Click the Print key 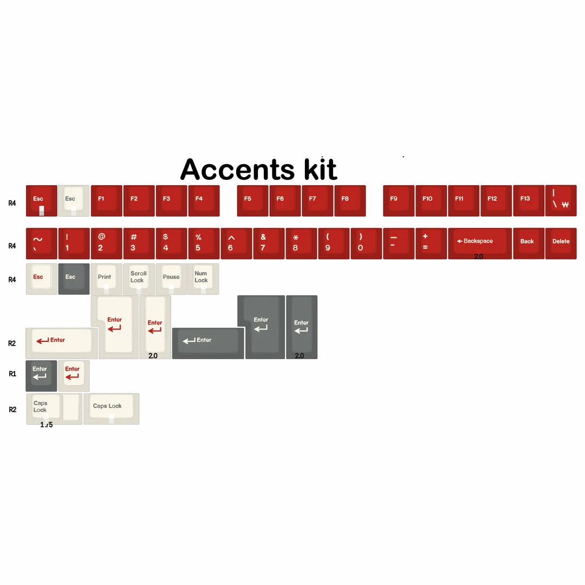pyautogui.click(x=106, y=279)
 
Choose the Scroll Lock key pyautogui.click(x=139, y=279)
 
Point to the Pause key pyautogui.click(x=171, y=279)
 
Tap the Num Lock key pyautogui.click(x=203, y=279)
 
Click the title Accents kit pyautogui.click(x=258, y=170)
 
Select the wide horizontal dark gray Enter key pyautogui.click(x=208, y=342)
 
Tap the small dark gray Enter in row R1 pyautogui.click(x=41, y=375)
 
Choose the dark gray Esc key pyautogui.click(x=74, y=279)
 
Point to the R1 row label pyautogui.click(x=12, y=374)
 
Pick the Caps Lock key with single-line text pyautogui.click(x=112, y=408)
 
